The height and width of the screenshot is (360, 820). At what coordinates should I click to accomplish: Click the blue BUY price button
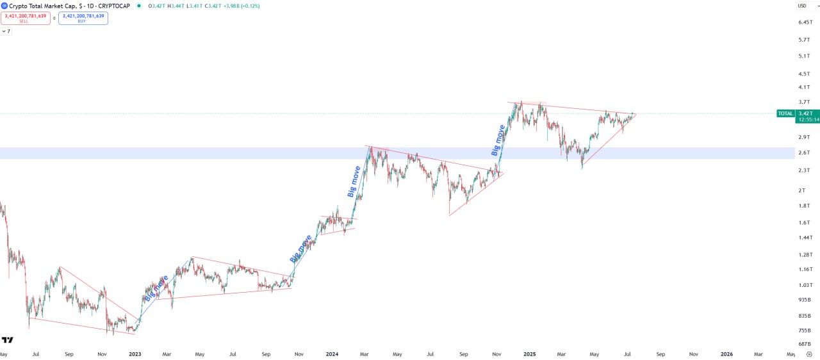[83, 18]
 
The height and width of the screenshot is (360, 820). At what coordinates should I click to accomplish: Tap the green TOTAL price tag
[785, 113]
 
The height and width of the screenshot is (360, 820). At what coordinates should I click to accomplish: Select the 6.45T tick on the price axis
[805, 22]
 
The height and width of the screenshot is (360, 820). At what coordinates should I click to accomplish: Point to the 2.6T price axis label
[805, 152]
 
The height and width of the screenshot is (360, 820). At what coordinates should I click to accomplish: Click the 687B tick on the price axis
[805, 345]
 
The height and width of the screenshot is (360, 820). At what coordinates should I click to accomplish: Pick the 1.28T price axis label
[805, 254]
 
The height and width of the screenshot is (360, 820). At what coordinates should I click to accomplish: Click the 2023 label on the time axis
[135, 354]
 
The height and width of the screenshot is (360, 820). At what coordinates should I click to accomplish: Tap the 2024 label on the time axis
[332, 354]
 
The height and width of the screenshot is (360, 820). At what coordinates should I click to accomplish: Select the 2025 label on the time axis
[529, 354]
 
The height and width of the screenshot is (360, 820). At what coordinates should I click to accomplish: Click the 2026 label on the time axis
[726, 354]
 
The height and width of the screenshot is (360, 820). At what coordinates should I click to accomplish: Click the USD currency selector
[802, 6]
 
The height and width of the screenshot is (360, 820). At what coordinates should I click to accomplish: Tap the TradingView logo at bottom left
[8, 340]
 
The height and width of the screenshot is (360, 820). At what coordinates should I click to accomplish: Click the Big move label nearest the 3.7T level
[498, 141]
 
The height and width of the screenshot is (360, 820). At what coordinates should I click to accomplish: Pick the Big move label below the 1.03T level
[156, 288]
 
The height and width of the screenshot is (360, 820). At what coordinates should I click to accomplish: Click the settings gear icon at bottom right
[810, 354]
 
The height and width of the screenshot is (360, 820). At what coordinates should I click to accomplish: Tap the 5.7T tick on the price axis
[805, 40]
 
